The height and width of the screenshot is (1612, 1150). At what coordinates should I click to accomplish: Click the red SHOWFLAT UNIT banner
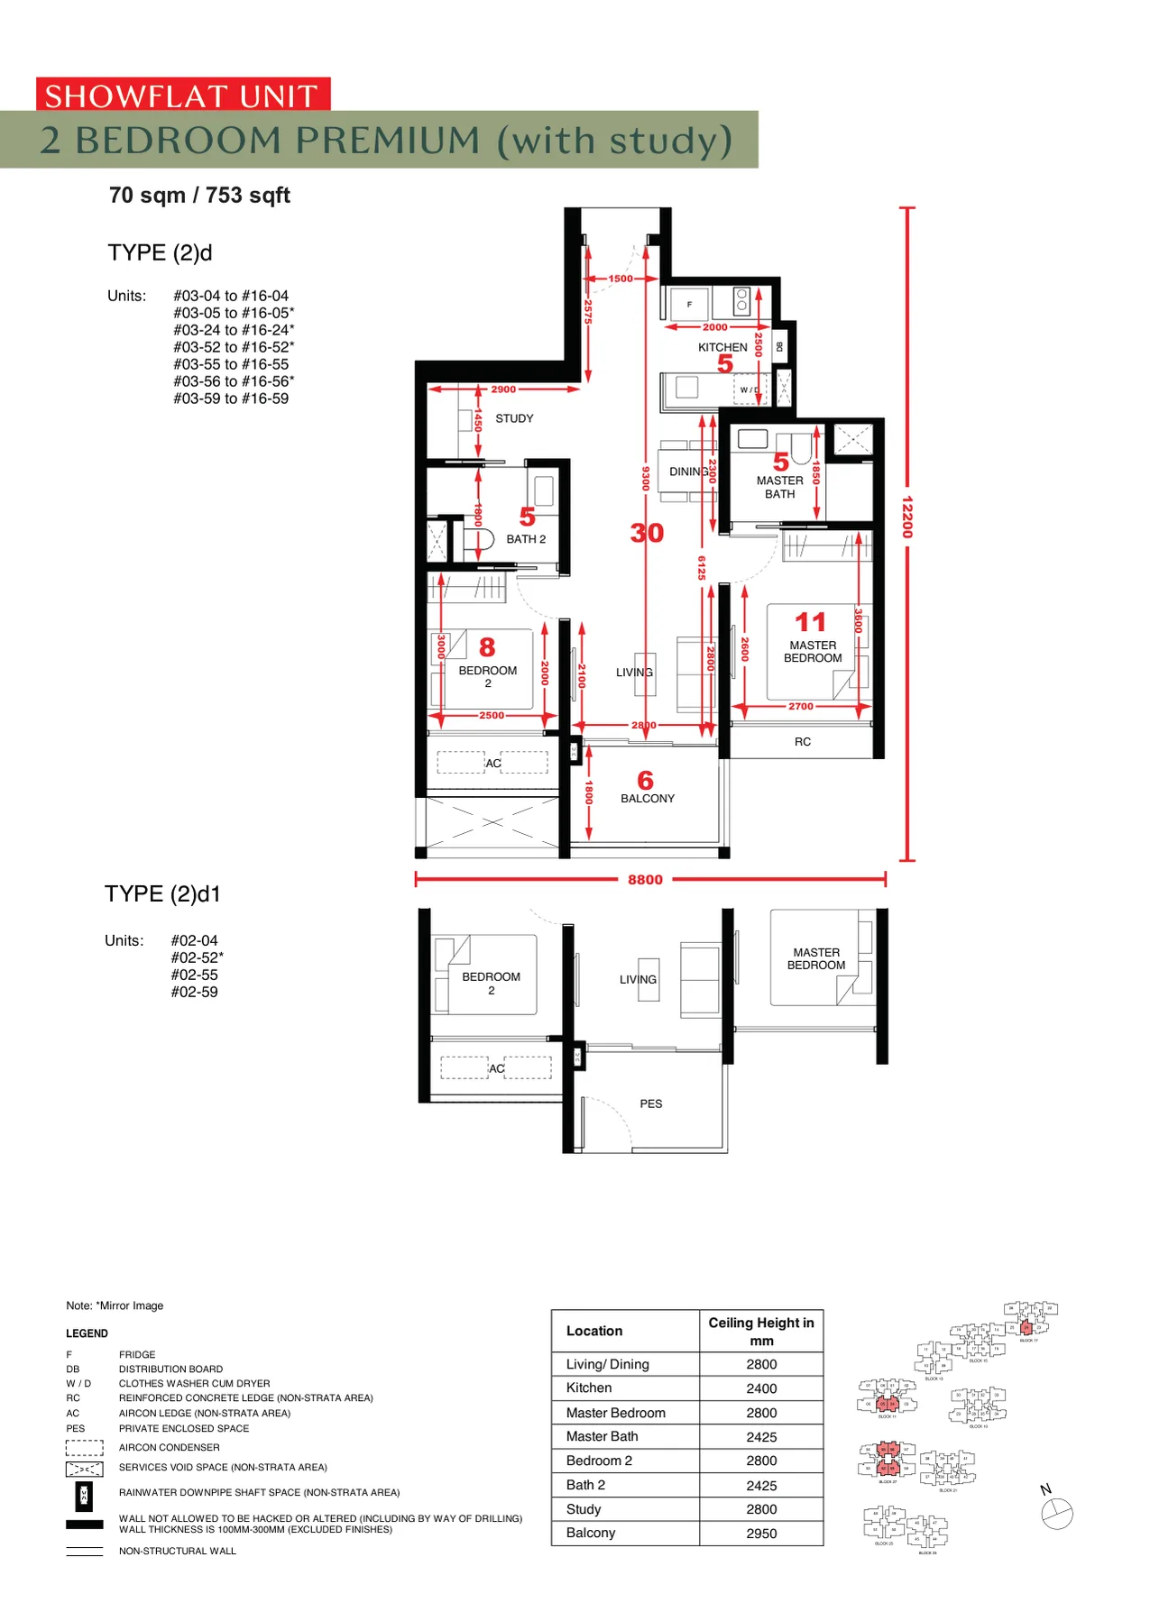(182, 95)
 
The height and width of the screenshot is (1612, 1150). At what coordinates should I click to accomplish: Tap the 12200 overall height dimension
(907, 517)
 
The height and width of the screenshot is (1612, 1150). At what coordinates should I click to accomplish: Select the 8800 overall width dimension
(645, 879)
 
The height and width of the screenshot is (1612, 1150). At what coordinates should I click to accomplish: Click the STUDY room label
(514, 418)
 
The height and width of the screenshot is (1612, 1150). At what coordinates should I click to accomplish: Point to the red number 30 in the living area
(647, 533)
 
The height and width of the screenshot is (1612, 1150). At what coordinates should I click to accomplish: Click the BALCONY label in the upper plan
(647, 798)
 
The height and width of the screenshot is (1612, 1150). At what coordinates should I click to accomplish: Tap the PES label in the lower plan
(650, 1104)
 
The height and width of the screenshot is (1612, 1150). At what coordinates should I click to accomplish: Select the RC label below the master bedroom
(802, 741)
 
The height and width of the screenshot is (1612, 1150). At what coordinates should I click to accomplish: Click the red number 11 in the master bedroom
(810, 622)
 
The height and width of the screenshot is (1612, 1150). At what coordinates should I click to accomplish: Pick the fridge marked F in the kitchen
(689, 305)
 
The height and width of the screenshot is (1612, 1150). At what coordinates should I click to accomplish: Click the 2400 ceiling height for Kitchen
(761, 1388)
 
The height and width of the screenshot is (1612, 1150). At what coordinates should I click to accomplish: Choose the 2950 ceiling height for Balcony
(761, 1533)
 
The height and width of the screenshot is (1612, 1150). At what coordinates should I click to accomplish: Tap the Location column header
(594, 1331)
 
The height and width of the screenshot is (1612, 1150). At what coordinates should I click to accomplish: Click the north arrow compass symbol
(1056, 1514)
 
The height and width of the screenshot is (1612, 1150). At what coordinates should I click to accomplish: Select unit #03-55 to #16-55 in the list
(231, 364)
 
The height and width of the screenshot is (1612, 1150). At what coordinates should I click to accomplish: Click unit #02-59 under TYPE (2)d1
(195, 992)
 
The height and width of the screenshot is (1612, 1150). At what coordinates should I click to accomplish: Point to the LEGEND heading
(87, 1333)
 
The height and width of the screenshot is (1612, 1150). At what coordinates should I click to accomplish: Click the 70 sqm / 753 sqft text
(199, 196)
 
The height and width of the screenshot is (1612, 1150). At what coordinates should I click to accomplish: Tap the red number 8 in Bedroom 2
(487, 646)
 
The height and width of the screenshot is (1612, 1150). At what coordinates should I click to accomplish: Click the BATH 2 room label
(525, 539)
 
